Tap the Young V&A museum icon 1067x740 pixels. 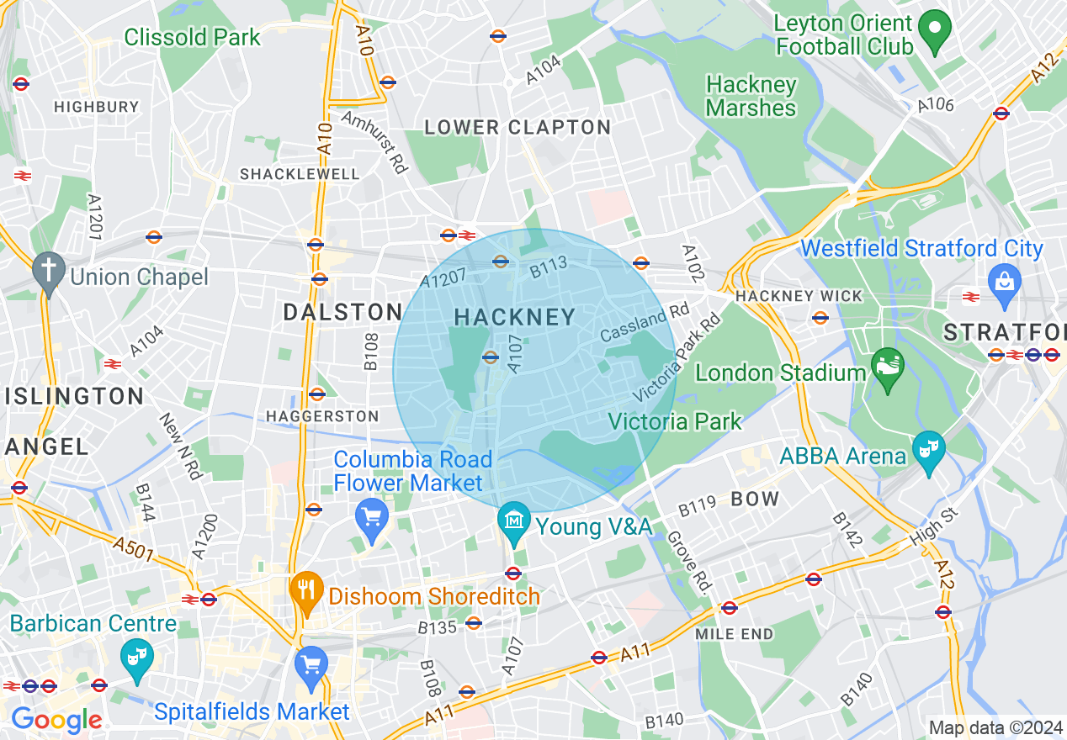pos(514,523)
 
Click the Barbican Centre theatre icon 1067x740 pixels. pos(135,658)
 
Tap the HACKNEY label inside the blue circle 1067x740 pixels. pos(515,317)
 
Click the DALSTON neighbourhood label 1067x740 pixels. pos(342,312)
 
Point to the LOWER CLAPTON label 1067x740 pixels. pos(518,128)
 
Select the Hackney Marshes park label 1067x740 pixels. pos(751,96)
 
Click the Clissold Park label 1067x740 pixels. pos(193,37)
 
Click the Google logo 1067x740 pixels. pos(56,720)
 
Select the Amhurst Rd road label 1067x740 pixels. pos(374,142)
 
